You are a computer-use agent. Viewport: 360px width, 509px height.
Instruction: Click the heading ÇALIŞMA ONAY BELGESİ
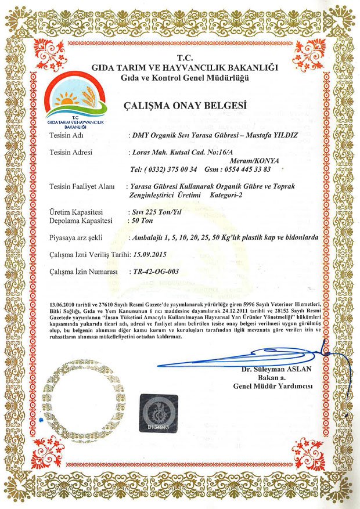(185, 106)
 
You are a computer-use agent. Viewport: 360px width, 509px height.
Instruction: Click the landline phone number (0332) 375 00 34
(165, 169)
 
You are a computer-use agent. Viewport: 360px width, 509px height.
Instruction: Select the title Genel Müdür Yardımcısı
(273, 386)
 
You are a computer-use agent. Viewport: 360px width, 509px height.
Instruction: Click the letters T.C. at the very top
(185, 58)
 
